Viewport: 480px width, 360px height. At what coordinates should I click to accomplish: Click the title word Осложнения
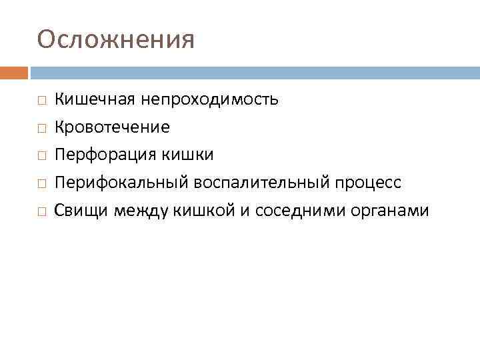116,39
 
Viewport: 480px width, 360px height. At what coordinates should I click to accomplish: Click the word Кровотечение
112,127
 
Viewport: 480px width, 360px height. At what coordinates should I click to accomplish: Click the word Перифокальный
123,183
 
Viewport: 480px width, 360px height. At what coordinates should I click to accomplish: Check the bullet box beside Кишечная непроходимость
41,101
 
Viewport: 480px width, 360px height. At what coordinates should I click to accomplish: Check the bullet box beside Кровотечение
41,128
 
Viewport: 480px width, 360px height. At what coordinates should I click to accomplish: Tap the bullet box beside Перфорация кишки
41,156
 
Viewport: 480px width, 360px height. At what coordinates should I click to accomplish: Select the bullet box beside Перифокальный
41,184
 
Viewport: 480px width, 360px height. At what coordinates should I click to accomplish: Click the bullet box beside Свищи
41,212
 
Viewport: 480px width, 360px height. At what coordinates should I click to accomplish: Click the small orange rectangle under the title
14,72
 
